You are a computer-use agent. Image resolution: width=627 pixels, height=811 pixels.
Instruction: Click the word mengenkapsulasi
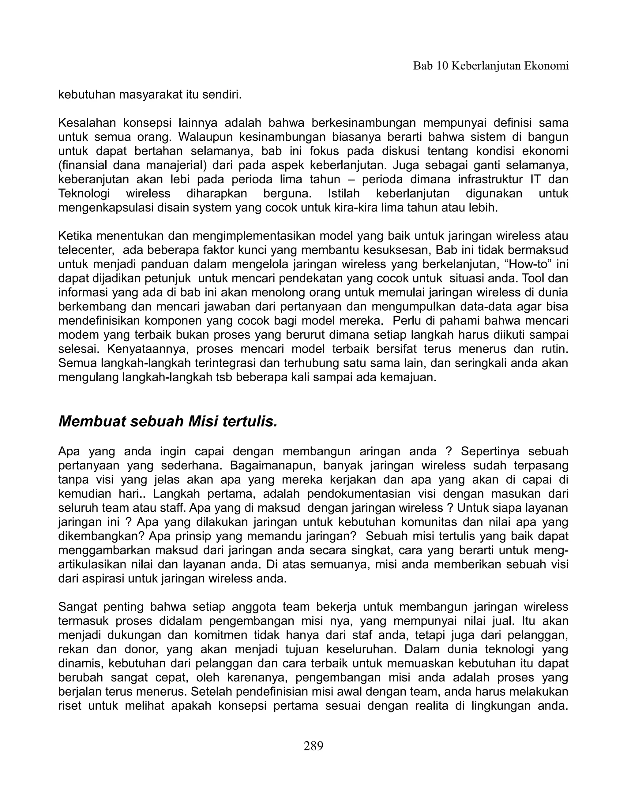106,207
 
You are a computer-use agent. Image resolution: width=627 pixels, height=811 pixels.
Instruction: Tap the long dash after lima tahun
351,179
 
